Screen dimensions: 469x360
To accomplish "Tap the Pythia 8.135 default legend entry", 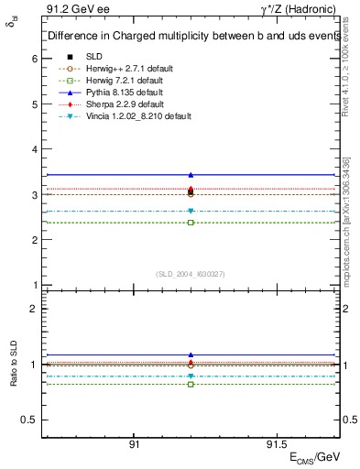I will point(119,93).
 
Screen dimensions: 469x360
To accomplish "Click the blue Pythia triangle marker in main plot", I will point(191,174).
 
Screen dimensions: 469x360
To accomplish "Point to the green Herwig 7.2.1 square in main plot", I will point(191,223).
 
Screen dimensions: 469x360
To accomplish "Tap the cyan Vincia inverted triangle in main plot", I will point(191,212).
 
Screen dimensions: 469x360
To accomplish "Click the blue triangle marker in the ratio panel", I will point(191,354).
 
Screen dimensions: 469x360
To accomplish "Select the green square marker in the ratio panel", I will point(191,384).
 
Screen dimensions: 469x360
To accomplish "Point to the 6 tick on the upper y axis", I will point(34,59).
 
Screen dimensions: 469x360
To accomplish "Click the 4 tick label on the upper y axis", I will point(34,149).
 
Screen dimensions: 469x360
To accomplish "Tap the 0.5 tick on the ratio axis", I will point(29,420).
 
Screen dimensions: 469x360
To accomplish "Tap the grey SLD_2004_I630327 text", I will point(191,274).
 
